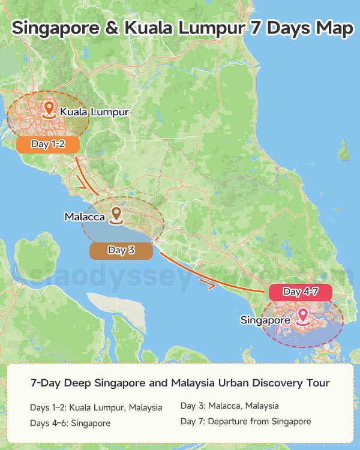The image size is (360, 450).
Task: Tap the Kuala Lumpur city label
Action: tap(94, 112)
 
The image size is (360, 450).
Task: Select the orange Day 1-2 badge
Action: tap(47, 145)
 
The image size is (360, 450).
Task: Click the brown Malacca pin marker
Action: tap(116, 214)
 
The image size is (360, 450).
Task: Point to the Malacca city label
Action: tap(85, 217)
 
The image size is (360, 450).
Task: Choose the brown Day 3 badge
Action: tap(121, 251)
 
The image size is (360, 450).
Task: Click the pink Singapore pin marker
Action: tap(304, 316)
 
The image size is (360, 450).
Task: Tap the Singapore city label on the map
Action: tap(265, 320)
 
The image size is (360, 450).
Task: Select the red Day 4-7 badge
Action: tap(300, 292)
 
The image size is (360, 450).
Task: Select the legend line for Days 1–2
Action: tap(96, 407)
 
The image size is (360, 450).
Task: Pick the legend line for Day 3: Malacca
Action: tap(229, 406)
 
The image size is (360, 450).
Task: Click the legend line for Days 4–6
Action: tap(70, 423)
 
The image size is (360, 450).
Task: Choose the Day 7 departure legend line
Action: tap(245, 421)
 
